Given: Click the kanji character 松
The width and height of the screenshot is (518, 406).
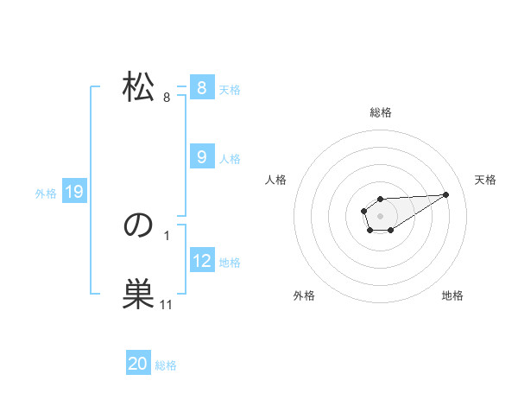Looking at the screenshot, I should coord(138,87).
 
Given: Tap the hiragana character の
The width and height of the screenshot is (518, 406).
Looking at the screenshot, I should coord(138,225).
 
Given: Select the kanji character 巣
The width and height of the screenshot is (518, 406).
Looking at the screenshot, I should coord(138,295).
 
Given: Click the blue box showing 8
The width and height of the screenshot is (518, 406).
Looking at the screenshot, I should coord(201,88).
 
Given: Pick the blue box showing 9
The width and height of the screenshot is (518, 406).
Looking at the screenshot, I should coord(201,157).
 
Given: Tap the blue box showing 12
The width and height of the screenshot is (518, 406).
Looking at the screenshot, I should coord(201,260).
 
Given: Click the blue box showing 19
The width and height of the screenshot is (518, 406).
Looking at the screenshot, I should coord(73,193).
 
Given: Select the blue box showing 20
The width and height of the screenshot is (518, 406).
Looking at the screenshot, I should coord(138,365).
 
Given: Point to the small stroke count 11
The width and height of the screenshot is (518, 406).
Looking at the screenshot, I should coord(166,305).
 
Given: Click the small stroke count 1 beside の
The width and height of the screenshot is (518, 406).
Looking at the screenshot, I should coord(166,235).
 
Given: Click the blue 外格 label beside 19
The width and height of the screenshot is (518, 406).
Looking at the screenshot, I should coord(46,193).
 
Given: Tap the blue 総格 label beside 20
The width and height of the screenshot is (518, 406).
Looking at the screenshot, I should coord(166,365).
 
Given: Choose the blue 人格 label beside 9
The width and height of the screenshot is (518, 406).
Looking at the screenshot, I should coord(230,158).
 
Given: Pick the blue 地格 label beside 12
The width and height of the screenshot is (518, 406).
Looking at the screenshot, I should coord(230,262).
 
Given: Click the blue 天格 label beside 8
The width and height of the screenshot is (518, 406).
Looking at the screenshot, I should coord(230,89).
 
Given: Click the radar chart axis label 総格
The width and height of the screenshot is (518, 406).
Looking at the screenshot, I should coord(380,112).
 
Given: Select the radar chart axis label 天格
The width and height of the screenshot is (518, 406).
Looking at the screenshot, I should coord(485,180).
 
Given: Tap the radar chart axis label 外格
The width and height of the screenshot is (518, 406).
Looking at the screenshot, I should coord(304,295).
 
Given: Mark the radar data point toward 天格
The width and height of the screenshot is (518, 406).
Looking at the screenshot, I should coord(445,193).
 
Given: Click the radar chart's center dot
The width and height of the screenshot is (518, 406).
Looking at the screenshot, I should coord(380,215).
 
